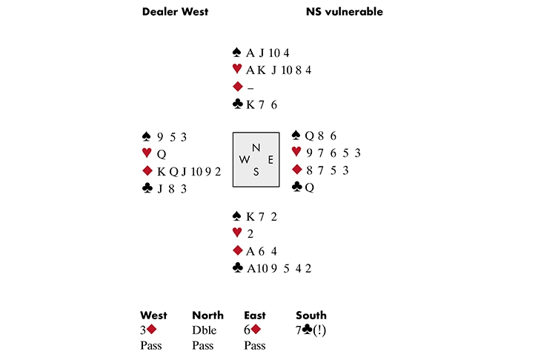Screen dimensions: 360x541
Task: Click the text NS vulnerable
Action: click(344, 12)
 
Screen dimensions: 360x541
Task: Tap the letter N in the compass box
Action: click(256, 148)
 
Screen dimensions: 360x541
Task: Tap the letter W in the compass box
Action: click(244, 160)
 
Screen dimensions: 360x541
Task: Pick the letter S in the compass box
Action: click(256, 172)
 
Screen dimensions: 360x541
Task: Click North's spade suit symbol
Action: click(236, 53)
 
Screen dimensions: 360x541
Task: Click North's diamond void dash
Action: click(250, 87)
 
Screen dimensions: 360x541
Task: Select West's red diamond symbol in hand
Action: click(147, 170)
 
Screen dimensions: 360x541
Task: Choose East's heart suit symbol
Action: click(296, 153)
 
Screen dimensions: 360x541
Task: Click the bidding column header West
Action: click(153, 315)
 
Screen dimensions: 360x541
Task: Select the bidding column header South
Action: click(311, 315)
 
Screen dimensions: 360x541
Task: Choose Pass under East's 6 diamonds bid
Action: click(256, 345)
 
